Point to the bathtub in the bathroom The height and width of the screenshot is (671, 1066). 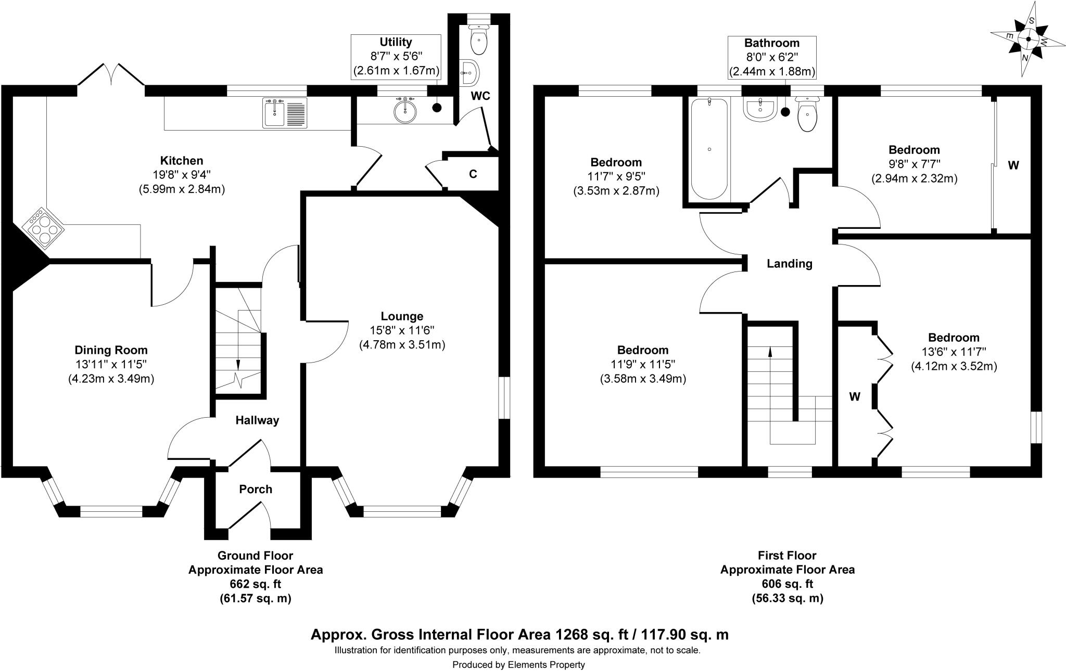pos(708,149)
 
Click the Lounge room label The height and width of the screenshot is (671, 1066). pos(402,316)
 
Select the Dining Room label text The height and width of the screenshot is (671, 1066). pos(111,350)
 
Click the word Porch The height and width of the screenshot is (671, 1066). pos(256,489)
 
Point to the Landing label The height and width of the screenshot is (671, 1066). pos(789,264)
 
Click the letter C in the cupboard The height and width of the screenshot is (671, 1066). pos(473,174)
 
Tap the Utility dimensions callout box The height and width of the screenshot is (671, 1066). pos(396,56)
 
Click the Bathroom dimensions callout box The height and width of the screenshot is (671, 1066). pos(771,57)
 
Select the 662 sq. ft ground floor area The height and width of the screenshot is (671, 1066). pos(255,584)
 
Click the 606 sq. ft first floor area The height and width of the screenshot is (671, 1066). pos(787,584)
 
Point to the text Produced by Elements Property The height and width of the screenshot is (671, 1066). pos(518,665)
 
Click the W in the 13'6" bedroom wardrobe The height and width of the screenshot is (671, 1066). pos(855,397)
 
